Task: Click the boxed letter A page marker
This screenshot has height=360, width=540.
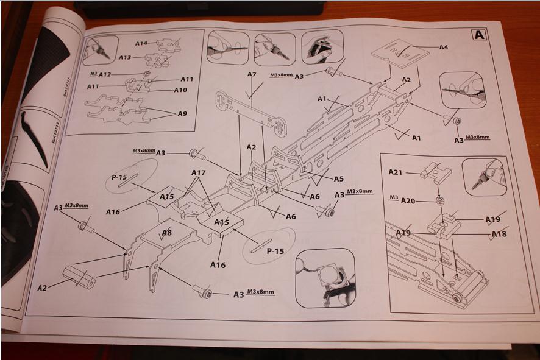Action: coord(480,35)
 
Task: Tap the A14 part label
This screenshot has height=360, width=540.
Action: coord(141,43)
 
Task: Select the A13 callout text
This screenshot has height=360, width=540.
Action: coord(125,57)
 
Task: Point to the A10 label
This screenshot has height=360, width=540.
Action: coord(180,90)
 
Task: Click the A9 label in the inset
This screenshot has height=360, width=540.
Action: coord(182,113)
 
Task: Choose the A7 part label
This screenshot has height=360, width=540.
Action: coord(252,74)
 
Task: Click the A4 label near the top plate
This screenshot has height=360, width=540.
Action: coord(444,46)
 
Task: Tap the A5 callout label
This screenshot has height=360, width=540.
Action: coord(339,178)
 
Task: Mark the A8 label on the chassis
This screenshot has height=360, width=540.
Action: coord(166,232)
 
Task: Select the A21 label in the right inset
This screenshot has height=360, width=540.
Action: coord(396,172)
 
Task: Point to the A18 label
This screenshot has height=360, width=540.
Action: coord(499,234)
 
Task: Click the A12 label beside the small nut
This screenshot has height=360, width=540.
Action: coord(104,75)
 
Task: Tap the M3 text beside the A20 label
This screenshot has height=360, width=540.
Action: coord(393,197)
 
